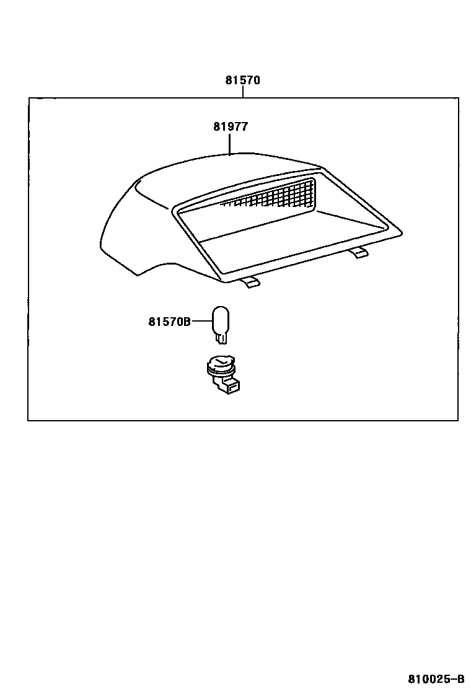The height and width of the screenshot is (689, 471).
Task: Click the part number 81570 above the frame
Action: click(242, 81)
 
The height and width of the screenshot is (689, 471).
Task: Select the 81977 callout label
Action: click(231, 126)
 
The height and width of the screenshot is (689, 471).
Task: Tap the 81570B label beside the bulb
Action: click(169, 321)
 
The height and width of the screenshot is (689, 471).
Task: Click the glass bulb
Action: click(221, 320)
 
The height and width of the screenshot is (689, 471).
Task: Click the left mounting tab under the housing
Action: click(250, 283)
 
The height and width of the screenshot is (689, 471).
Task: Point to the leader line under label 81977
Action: click(230, 144)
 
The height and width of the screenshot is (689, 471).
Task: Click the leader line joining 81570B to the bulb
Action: click(201, 321)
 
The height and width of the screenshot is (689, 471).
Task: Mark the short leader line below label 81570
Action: click(243, 92)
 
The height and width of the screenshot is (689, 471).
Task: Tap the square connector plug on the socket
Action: click(232, 387)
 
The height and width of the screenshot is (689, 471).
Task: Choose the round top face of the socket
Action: click(221, 362)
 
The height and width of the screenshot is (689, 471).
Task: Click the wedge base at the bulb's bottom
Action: click(221, 338)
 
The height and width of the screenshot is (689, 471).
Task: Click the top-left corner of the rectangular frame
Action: click(29, 98)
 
